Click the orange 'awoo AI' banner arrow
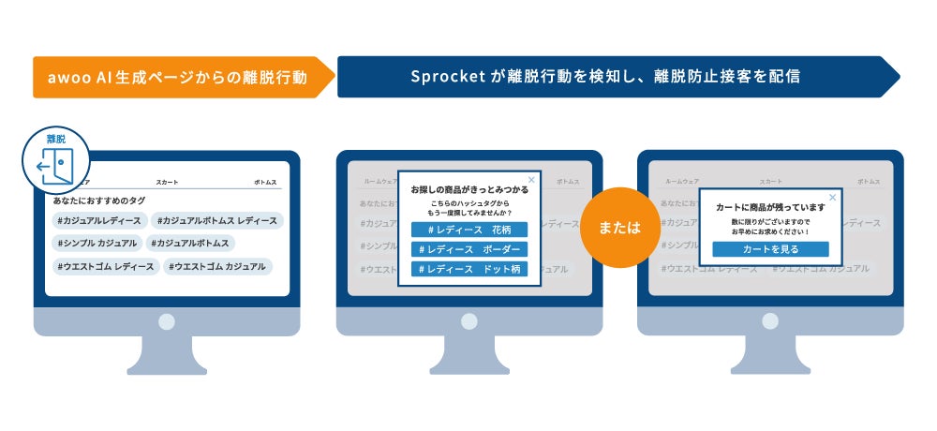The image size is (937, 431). pyautogui.click(x=178, y=77)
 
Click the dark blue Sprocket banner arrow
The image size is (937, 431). pyautogui.click(x=609, y=77)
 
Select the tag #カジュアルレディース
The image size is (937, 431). pyautogui.click(x=99, y=221)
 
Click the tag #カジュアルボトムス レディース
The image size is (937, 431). pyautogui.click(x=217, y=221)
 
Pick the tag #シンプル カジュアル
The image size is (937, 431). pyautogui.click(x=97, y=244)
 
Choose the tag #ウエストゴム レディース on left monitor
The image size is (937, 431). pyautogui.click(x=105, y=267)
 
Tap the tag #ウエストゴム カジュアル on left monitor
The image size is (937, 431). pyautogui.click(x=218, y=267)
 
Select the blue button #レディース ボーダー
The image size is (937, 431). pyautogui.click(x=468, y=249)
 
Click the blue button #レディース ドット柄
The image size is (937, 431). pyautogui.click(x=468, y=269)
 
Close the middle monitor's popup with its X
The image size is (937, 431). pyautogui.click(x=532, y=178)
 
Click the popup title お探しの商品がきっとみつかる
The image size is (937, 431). pyautogui.click(x=468, y=189)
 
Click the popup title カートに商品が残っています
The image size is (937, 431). pyautogui.click(x=769, y=207)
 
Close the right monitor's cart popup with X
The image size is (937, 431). pyautogui.click(x=832, y=197)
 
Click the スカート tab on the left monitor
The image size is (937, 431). pyautogui.click(x=167, y=183)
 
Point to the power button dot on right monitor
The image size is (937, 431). pyautogui.click(x=769, y=321)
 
